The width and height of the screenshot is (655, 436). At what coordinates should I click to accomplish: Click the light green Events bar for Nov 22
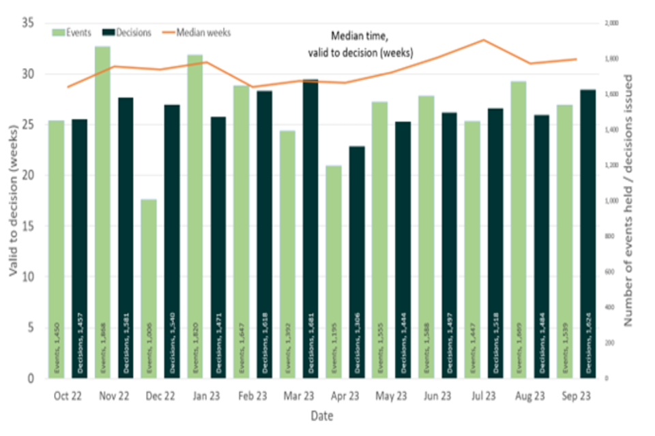(103, 211)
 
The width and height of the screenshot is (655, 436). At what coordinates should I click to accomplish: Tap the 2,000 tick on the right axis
(611, 24)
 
